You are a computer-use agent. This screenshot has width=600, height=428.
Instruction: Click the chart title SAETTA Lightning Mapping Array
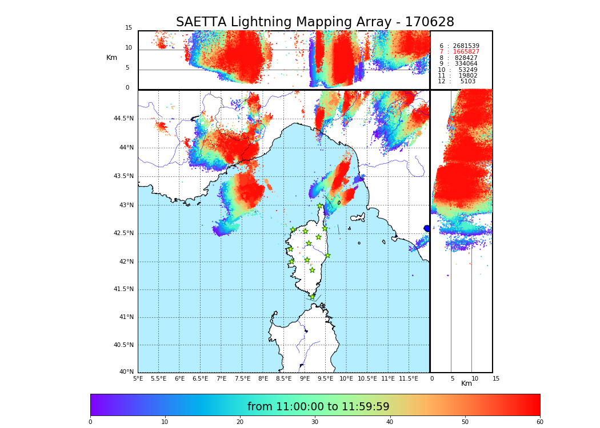pyautogui.click(x=315, y=22)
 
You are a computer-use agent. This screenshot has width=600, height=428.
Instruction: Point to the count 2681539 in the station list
pyautogui.click(x=466, y=46)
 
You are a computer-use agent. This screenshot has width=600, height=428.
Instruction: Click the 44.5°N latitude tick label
pyautogui.click(x=123, y=119)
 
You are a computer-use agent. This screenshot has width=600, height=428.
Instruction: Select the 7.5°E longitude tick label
pyautogui.click(x=242, y=378)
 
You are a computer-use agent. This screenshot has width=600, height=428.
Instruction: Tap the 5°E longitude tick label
pyautogui.click(x=138, y=378)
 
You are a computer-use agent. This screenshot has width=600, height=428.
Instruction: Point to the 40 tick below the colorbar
pyautogui.click(x=390, y=422)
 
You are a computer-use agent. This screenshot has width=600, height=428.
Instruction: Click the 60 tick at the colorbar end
pyautogui.click(x=539, y=422)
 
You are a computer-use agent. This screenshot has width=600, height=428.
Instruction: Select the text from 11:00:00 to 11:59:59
pyautogui.click(x=318, y=407)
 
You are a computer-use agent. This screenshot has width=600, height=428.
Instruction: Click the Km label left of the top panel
pyautogui.click(x=111, y=58)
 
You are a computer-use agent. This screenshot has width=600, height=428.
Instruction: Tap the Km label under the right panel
pyautogui.click(x=467, y=383)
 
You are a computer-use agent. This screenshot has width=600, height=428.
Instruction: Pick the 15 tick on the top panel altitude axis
pyautogui.click(x=129, y=28)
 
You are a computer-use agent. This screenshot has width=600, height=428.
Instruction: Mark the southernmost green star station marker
pyautogui.click(x=312, y=297)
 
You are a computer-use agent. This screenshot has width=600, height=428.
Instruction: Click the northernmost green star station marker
pyautogui.click(x=320, y=206)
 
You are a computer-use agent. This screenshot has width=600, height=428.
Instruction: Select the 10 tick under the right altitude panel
pyautogui.click(x=475, y=378)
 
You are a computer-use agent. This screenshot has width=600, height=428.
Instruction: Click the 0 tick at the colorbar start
pyautogui.click(x=90, y=422)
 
